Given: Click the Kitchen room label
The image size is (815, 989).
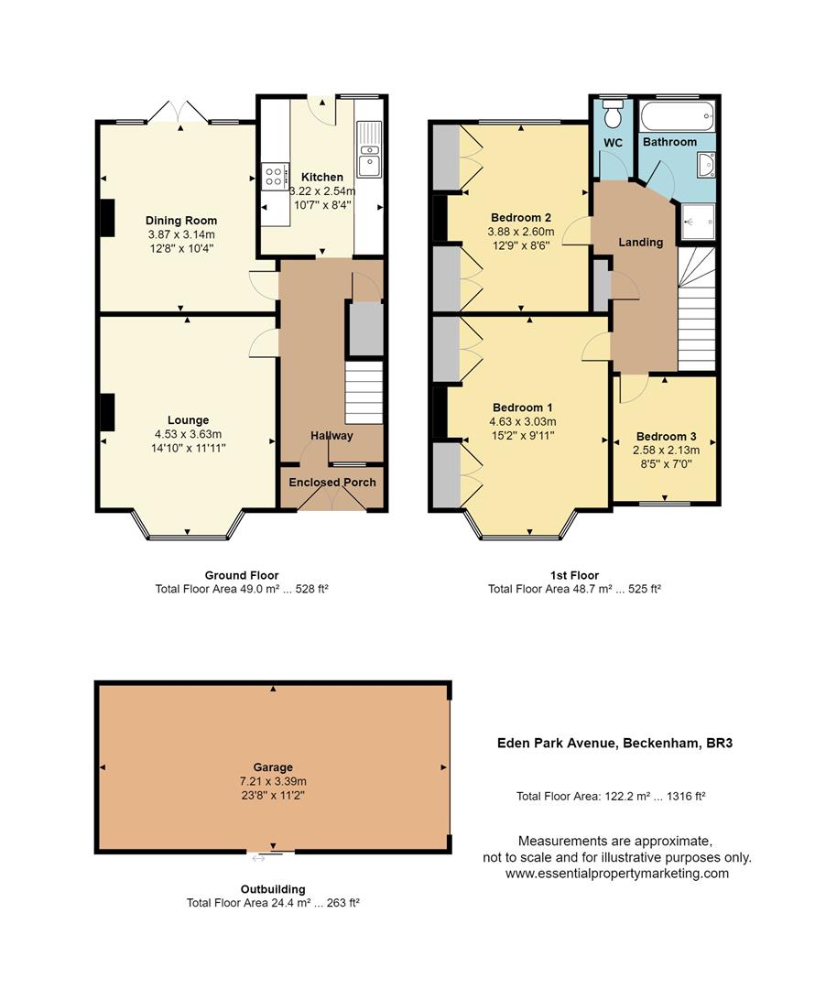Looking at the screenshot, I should (322, 177).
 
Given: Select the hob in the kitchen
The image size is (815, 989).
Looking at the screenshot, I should (274, 176).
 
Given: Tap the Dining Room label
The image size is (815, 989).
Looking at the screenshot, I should (181, 221).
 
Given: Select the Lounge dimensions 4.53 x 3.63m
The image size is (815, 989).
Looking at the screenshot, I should (188, 434).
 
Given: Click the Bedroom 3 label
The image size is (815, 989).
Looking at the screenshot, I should (667, 436).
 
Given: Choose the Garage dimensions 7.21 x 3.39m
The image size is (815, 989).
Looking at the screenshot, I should (273, 781).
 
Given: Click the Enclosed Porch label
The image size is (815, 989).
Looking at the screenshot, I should (332, 483).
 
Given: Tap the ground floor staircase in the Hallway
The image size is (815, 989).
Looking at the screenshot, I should (364, 391).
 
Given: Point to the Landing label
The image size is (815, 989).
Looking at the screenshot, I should (641, 243).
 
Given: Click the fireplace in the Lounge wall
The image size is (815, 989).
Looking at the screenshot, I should (107, 411).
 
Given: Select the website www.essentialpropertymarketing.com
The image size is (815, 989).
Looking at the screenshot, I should (617, 874).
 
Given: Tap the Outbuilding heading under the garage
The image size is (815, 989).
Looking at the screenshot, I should (273, 889).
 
